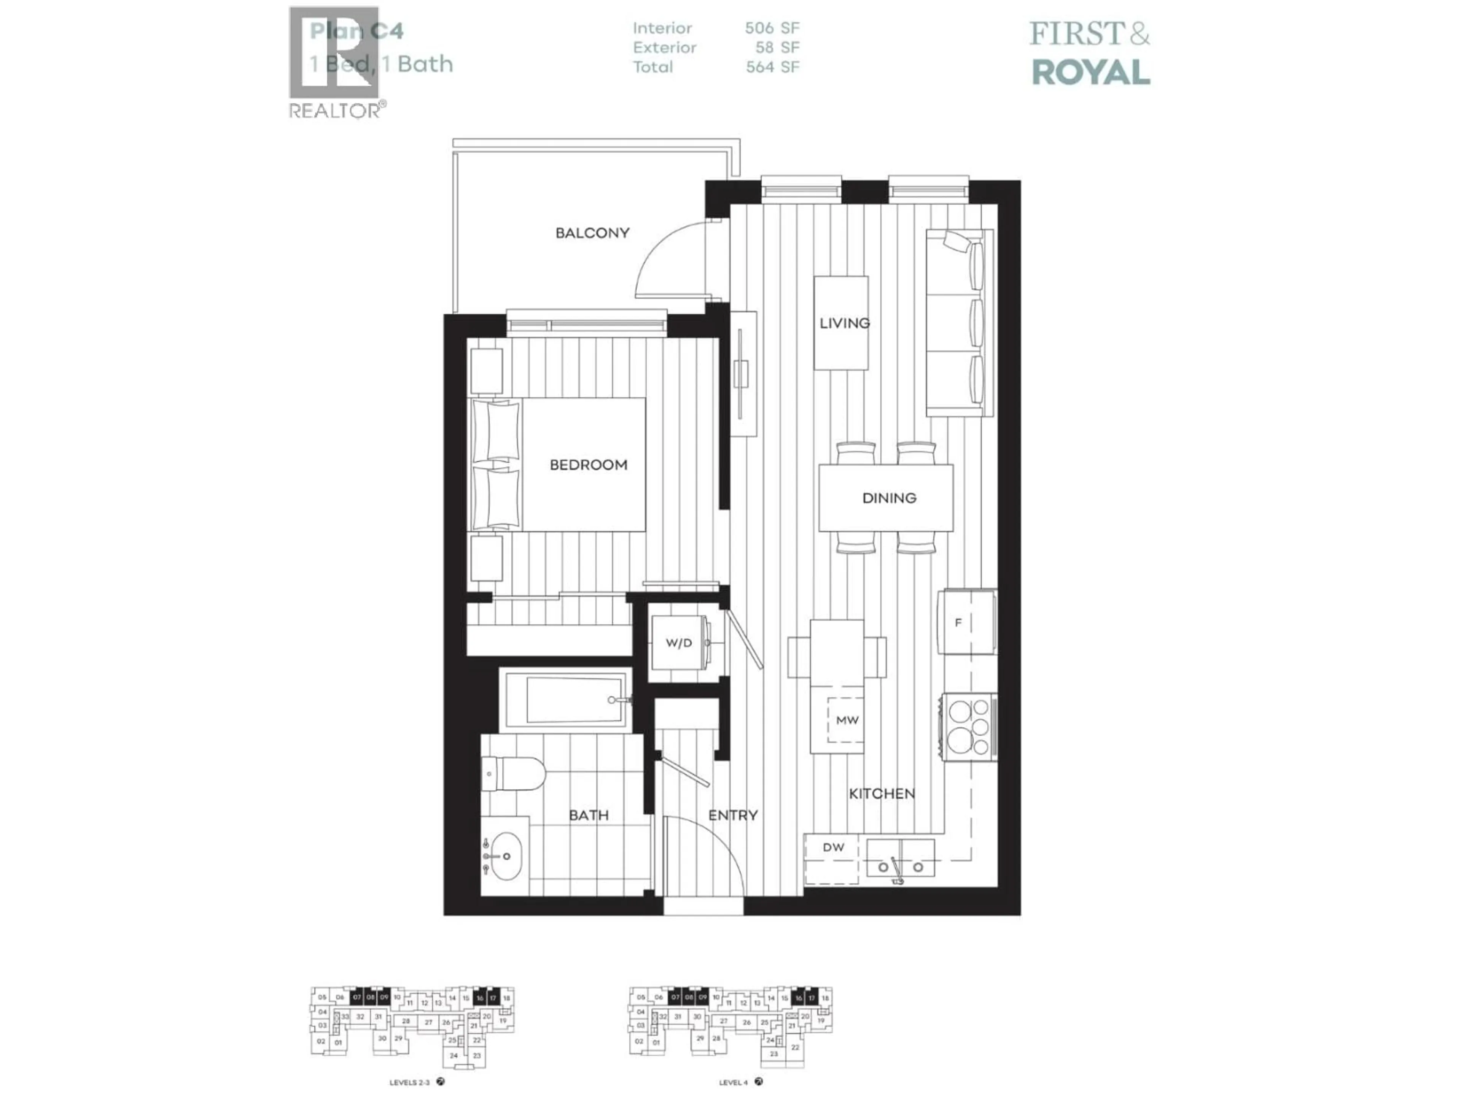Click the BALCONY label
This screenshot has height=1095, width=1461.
tap(592, 233)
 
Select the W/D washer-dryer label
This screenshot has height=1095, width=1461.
tap(678, 643)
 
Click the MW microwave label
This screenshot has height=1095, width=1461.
tap(847, 720)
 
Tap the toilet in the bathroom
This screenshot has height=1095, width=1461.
tap(515, 773)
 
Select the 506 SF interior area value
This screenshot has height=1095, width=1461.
tap(772, 29)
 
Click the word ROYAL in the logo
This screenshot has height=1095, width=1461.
tap(1090, 73)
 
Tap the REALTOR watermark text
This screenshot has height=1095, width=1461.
tap(336, 111)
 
